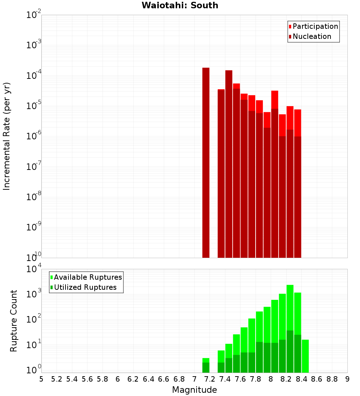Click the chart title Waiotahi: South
(x=180, y=5)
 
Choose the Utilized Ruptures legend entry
(x=85, y=288)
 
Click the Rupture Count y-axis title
(x=14, y=321)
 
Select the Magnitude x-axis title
(x=194, y=390)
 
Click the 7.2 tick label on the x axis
(x=210, y=379)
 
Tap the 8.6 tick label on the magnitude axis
(x=317, y=379)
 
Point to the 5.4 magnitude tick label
(x=72, y=379)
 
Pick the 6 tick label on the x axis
(x=118, y=379)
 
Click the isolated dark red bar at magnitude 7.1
(x=206, y=162)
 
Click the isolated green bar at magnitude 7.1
(x=206, y=365)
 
